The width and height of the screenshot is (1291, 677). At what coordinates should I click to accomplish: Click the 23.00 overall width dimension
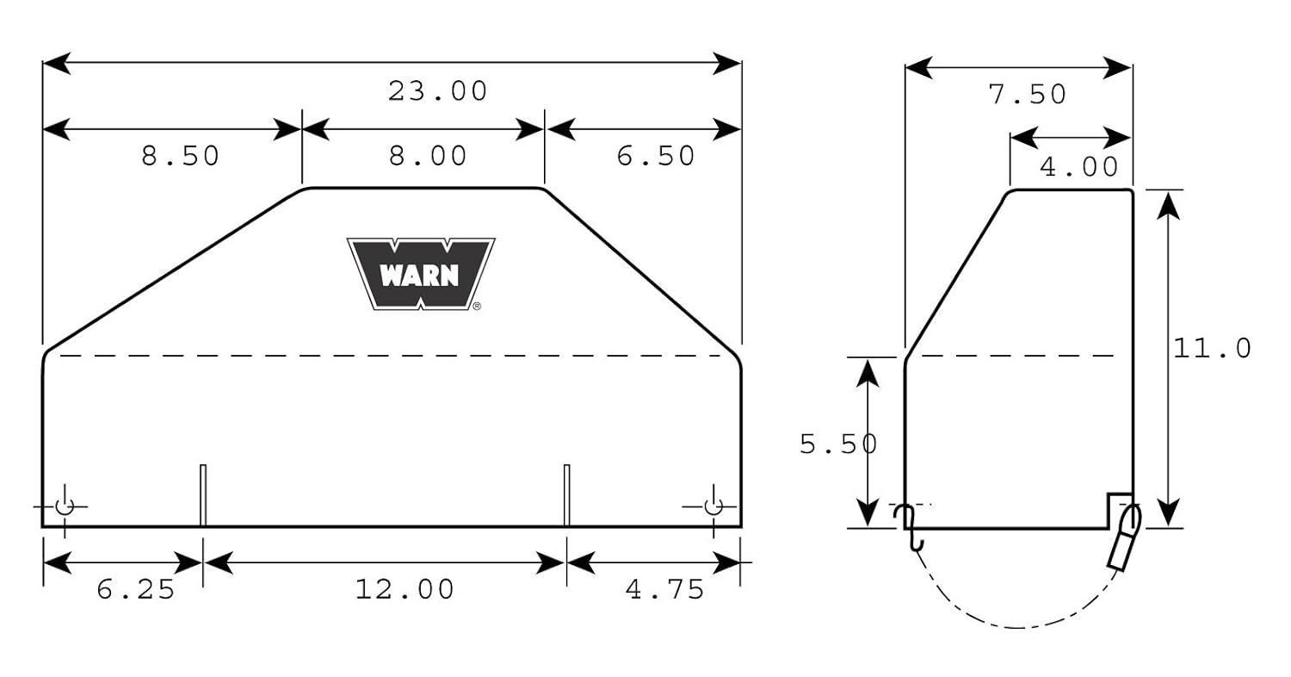click(x=437, y=90)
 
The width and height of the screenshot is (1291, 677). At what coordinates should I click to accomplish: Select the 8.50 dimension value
click(x=181, y=156)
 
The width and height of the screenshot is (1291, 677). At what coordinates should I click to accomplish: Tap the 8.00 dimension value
click(x=428, y=156)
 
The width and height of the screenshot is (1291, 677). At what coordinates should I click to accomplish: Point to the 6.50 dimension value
click(x=655, y=156)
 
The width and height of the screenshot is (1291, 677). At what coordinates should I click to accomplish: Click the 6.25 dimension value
click(x=136, y=589)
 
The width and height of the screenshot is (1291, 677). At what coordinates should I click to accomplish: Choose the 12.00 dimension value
click(x=405, y=589)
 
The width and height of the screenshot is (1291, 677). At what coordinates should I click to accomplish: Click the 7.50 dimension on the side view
click(x=1028, y=94)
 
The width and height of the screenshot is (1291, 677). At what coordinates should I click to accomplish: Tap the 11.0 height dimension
click(x=1212, y=348)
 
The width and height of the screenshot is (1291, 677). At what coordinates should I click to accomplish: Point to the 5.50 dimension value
click(x=838, y=444)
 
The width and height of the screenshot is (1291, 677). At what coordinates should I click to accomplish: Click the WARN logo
click(x=420, y=273)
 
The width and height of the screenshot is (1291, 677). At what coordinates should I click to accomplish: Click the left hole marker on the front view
click(x=65, y=506)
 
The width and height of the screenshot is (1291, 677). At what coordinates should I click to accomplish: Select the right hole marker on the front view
click(x=713, y=506)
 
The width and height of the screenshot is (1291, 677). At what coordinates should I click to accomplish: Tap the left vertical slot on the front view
click(x=203, y=494)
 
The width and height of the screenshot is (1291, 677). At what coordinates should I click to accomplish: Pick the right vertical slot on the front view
click(x=566, y=494)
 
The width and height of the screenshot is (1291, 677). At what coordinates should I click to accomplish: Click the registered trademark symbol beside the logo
click(x=477, y=306)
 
